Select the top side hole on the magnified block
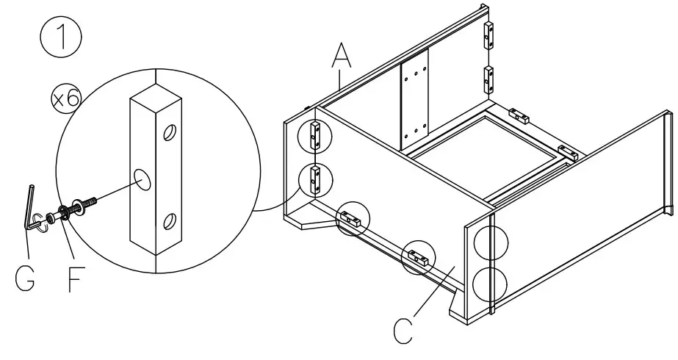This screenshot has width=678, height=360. tap(169, 133)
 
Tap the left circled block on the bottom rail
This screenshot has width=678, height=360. tap(352, 218)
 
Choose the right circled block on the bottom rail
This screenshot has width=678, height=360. tap(417, 257)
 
